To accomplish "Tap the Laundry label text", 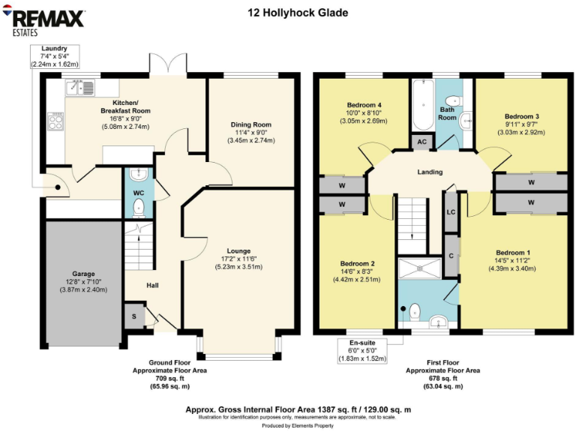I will [54, 48].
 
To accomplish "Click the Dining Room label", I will [251, 124].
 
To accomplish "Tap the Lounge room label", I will [239, 250].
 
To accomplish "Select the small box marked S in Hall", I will [133, 316].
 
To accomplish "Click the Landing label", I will [430, 172].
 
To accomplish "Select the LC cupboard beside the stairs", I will [451, 211].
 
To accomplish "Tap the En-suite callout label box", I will [361, 350].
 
